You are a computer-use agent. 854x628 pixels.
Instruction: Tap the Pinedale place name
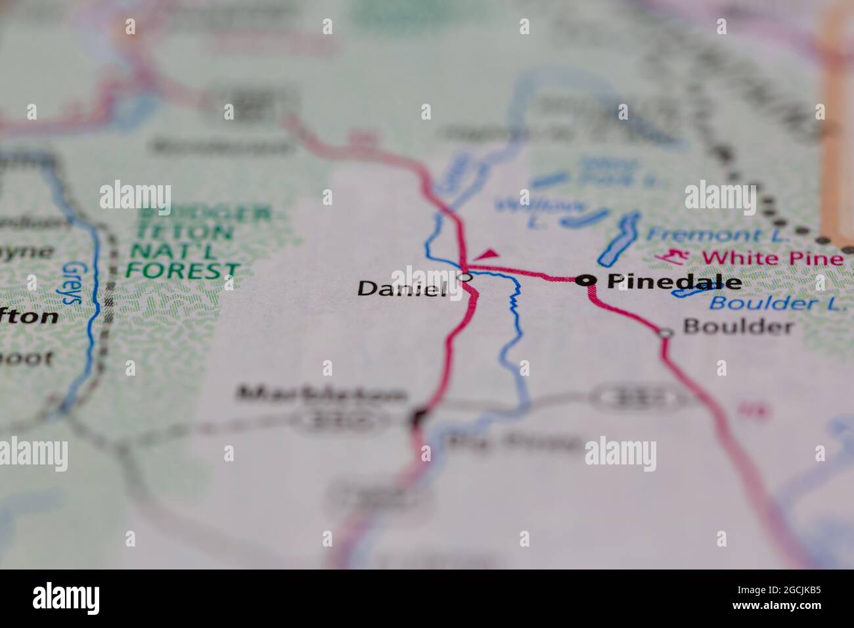(x=674, y=282)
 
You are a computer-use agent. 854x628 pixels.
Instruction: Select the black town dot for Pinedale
(x=585, y=280)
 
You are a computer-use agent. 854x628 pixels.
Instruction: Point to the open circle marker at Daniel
(x=465, y=277)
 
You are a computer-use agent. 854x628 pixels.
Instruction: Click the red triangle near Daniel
(x=487, y=254)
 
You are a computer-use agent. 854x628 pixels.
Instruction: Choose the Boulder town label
(x=738, y=326)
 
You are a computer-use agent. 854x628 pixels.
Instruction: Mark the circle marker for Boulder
(x=665, y=334)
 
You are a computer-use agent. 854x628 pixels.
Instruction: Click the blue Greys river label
(x=73, y=282)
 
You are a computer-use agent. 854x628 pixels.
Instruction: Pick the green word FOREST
(x=183, y=269)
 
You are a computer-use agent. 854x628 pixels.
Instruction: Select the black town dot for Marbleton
(x=418, y=415)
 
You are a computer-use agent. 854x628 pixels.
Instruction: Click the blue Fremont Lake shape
(x=620, y=238)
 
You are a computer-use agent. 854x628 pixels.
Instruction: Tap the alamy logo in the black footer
(x=66, y=598)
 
